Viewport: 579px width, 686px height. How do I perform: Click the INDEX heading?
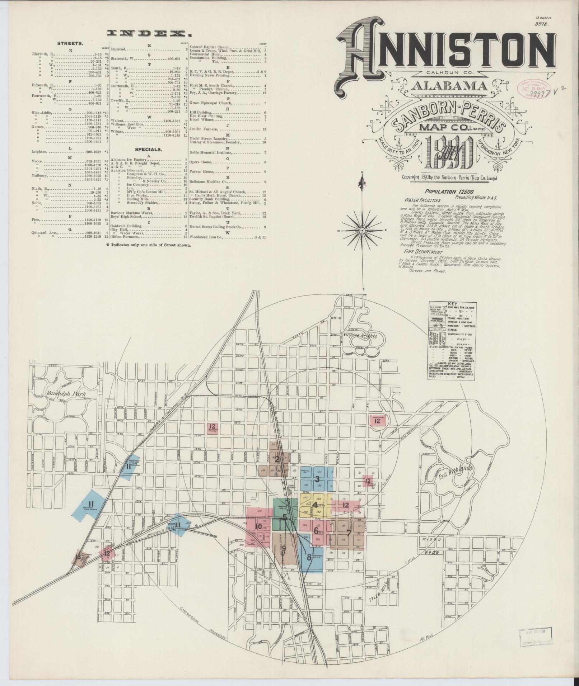coord(149,34)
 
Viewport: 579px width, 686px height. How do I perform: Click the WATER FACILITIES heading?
coord(422,200)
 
